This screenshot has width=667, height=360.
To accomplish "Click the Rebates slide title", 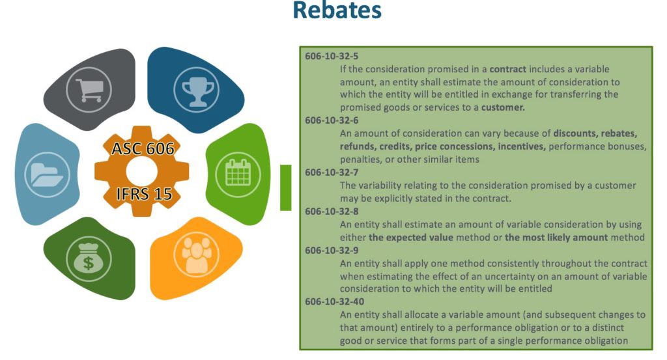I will coord(337,12).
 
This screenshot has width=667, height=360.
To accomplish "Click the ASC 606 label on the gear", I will coord(143,149).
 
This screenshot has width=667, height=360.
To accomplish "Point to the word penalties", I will coord(362,159).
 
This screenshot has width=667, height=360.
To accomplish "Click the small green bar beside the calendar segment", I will coord(285,187).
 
